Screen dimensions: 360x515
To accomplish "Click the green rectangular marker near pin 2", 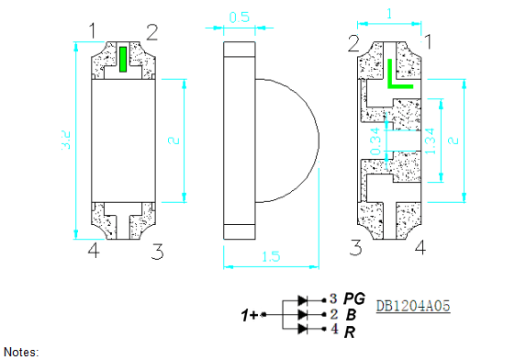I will tap(122, 58).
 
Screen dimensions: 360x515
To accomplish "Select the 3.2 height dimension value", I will tap(65, 140).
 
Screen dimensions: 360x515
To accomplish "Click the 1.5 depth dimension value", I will tap(270, 257).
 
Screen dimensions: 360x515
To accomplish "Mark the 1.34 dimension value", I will tap(430, 143).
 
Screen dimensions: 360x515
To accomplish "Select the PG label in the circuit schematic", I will tap(354, 299).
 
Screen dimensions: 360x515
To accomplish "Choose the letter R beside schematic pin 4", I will tap(349, 331).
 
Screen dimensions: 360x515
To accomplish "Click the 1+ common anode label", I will tap(249, 316).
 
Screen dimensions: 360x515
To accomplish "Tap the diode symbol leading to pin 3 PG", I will tap(304, 300).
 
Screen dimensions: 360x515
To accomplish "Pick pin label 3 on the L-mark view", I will tap(354, 247).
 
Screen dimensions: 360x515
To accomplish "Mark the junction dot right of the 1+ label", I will tap(265, 315).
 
